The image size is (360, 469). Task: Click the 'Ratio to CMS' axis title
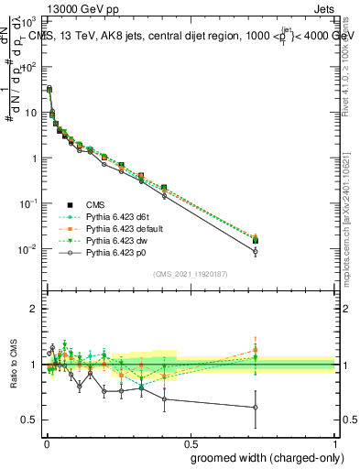(x=12, y=365)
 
